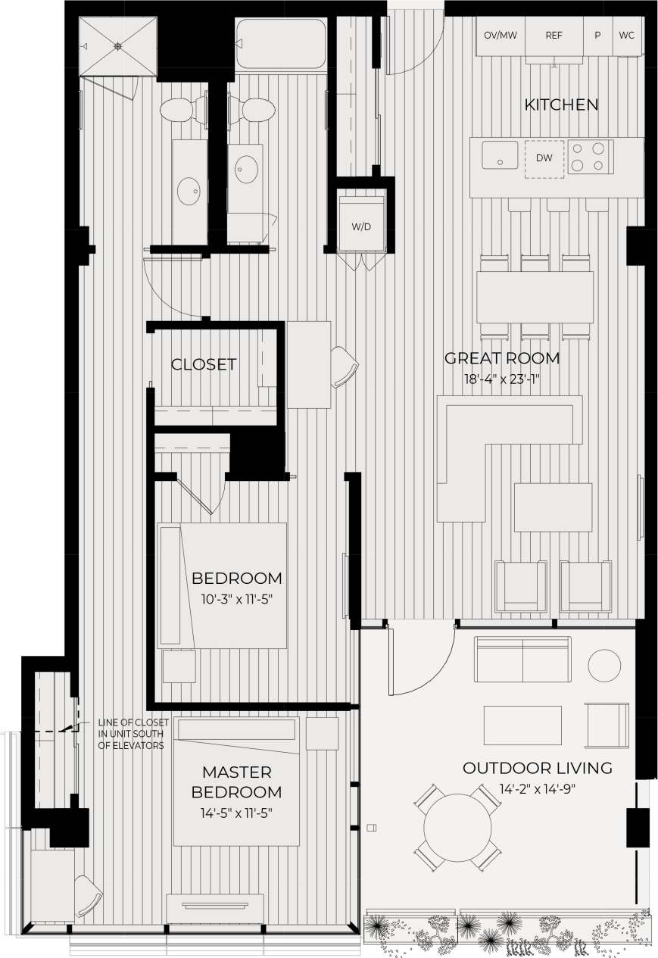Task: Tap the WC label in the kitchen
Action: (x=627, y=36)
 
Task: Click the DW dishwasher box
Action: (x=544, y=158)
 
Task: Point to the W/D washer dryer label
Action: (x=361, y=226)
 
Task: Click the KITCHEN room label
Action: (x=561, y=105)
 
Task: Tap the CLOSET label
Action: (x=204, y=364)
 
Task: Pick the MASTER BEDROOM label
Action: (x=236, y=782)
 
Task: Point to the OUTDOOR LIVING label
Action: (x=538, y=768)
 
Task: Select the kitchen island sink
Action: (x=500, y=154)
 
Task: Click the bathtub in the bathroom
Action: (x=280, y=45)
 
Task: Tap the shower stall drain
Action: (x=118, y=46)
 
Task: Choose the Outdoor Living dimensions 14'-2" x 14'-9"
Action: (x=538, y=788)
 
